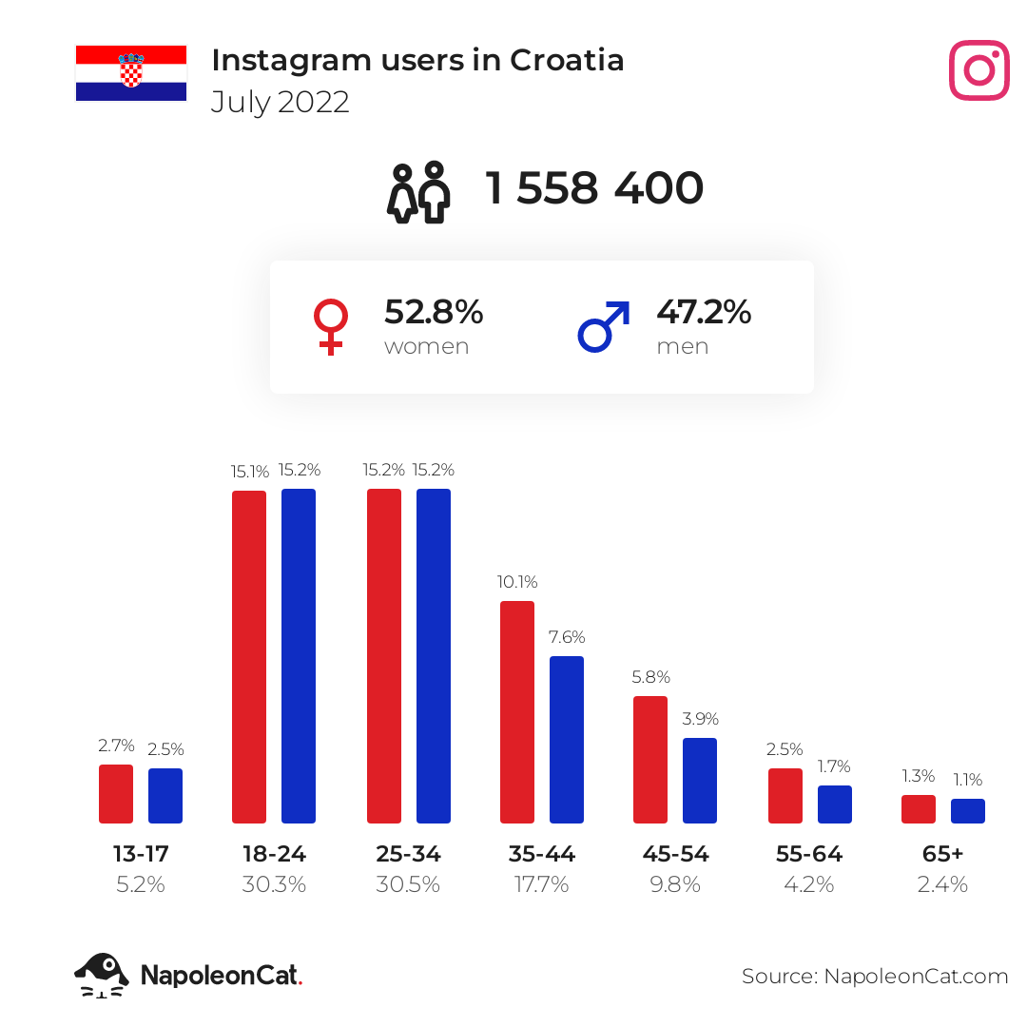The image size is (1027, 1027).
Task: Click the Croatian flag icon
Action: coord(131,73)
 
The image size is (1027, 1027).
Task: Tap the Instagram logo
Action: coord(979,70)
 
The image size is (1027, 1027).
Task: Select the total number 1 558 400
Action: coord(594,188)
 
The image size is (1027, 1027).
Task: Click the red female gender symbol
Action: coord(331,327)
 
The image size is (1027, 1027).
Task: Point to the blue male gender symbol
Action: coord(604,326)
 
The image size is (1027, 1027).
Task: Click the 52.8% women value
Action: coord(434,312)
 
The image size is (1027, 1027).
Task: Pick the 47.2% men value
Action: coord(704,312)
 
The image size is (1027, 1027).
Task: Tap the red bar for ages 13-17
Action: coord(116,793)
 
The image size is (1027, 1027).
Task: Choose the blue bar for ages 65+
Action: coord(968,810)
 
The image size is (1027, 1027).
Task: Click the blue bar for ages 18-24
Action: coord(299,655)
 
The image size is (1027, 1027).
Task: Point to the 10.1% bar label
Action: coord(517,582)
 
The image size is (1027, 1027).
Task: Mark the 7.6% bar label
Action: coord(567,637)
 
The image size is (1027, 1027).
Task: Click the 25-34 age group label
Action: coord(408,854)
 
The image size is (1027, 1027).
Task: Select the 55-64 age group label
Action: coord(809,854)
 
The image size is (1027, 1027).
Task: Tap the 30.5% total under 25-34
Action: coord(408,884)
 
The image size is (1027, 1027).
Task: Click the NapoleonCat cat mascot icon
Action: coord(102,975)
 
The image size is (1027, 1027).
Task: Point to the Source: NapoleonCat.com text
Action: coord(875,976)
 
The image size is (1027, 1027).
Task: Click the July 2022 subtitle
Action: coord(280,102)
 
